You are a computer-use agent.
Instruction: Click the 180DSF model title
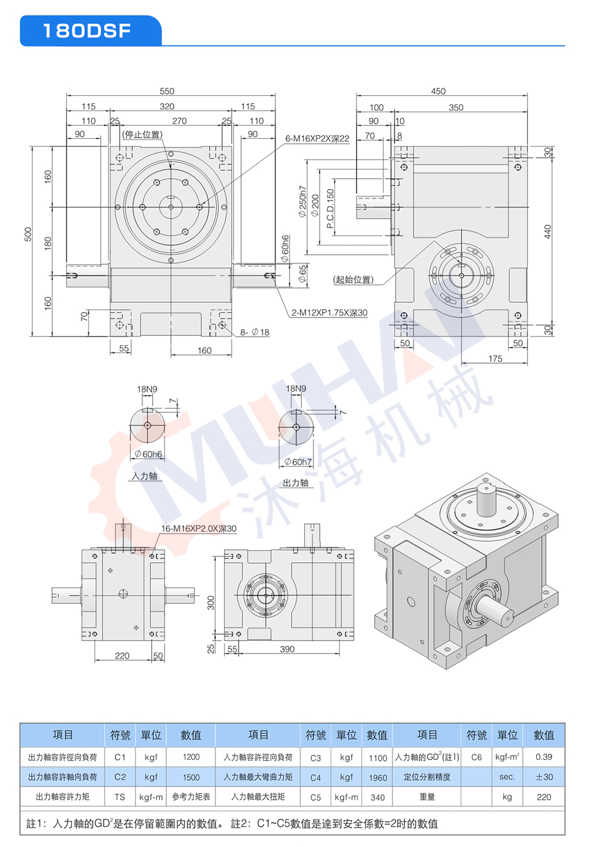point(87,31)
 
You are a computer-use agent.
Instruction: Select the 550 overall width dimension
point(167,91)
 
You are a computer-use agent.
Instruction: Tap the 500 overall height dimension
point(28,235)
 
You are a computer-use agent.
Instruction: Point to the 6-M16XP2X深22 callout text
point(317,138)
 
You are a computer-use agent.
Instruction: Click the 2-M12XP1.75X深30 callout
point(329,313)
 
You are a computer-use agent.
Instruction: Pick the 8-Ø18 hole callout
point(255,332)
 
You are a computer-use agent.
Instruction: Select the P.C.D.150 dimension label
point(330,208)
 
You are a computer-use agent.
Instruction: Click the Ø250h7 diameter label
point(302,201)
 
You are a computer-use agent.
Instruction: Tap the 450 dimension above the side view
point(438,91)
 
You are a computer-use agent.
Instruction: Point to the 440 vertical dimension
point(547,232)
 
